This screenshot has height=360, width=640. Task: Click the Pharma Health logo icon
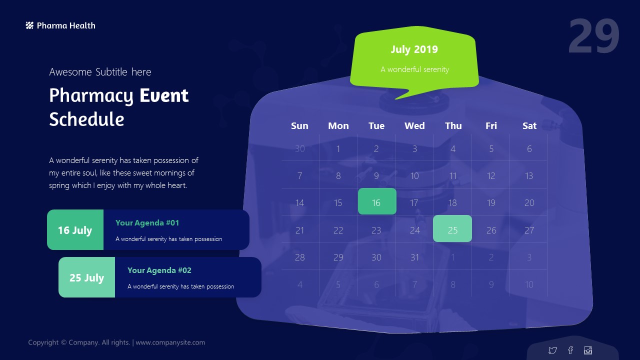tap(29, 25)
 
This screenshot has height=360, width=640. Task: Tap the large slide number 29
tap(593, 36)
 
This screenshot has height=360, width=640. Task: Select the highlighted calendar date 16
tap(377, 201)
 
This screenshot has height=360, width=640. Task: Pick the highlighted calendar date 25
tap(452, 228)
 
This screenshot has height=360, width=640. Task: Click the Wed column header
tap(414, 125)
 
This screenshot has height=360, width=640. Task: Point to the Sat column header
tap(529, 125)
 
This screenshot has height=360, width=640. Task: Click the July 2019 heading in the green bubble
tap(414, 49)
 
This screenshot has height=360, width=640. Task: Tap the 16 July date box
tap(75, 229)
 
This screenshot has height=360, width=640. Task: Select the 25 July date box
tap(87, 277)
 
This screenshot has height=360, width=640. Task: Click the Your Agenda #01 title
tap(147, 223)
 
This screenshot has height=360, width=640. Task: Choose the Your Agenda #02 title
tap(159, 270)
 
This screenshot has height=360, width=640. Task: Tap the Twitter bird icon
tap(552, 350)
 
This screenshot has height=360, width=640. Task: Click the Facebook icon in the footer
tap(570, 350)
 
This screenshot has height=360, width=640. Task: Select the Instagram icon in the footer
tap(588, 350)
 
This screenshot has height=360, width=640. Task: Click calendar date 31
tap(414, 257)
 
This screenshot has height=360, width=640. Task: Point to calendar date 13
tap(529, 175)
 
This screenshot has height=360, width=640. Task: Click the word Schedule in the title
tap(86, 119)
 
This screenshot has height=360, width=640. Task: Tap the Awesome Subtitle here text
tap(100, 72)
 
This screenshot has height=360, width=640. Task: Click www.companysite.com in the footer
tap(170, 342)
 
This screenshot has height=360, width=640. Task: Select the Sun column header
tap(299, 125)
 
